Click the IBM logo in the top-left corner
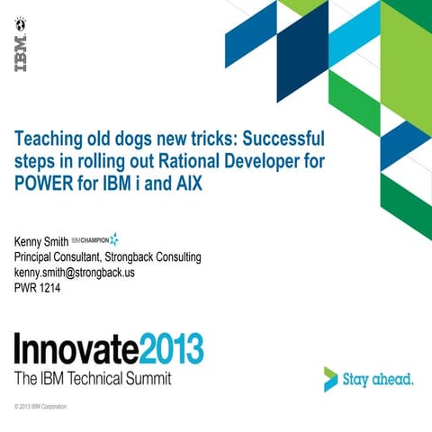[x=20, y=51]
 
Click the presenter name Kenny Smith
[x=40, y=242]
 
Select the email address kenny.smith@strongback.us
[x=74, y=273]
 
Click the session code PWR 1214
[x=37, y=288]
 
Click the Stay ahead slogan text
[x=378, y=379]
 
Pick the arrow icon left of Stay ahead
[x=331, y=379]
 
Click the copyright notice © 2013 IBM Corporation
[x=40, y=407]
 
